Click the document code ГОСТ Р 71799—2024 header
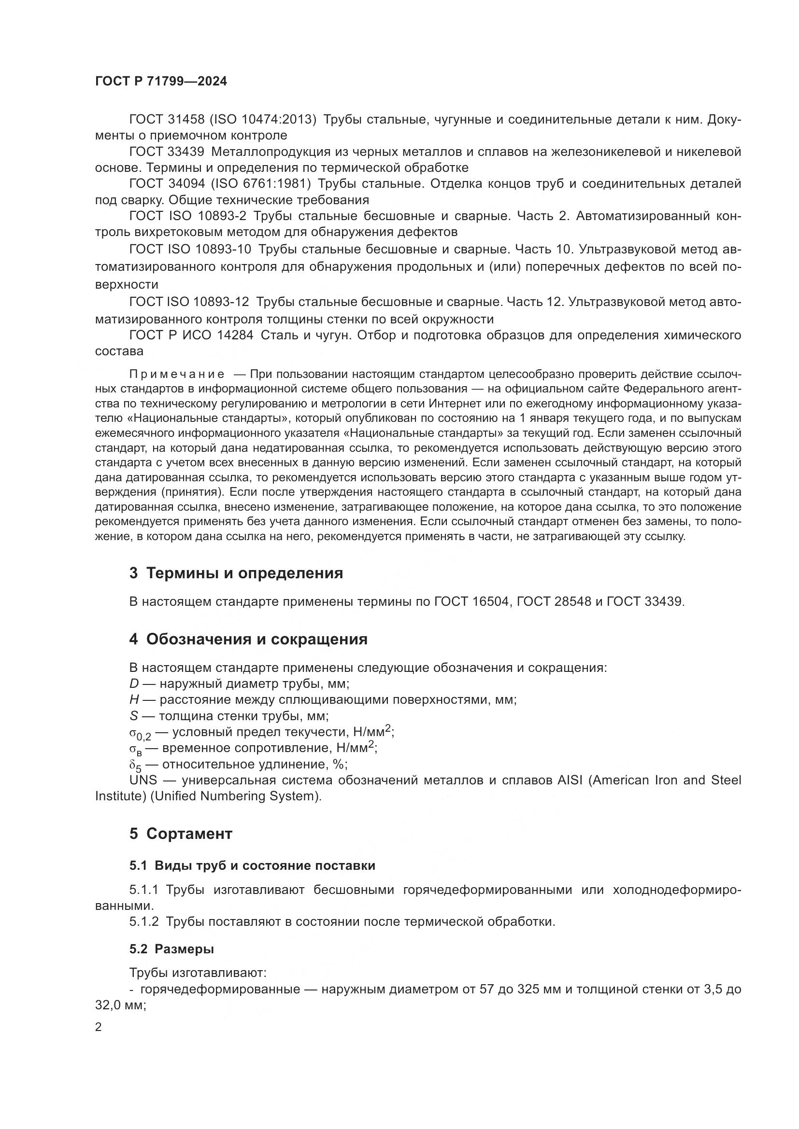(161, 82)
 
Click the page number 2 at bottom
(99, 1027)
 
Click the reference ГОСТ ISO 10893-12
(189, 301)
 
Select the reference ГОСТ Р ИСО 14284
(191, 335)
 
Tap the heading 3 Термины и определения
(236, 573)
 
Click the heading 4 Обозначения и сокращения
(248, 639)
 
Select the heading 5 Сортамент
(181, 834)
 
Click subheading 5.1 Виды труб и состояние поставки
(252, 866)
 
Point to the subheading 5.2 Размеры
(171, 949)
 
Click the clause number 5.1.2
(143, 921)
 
